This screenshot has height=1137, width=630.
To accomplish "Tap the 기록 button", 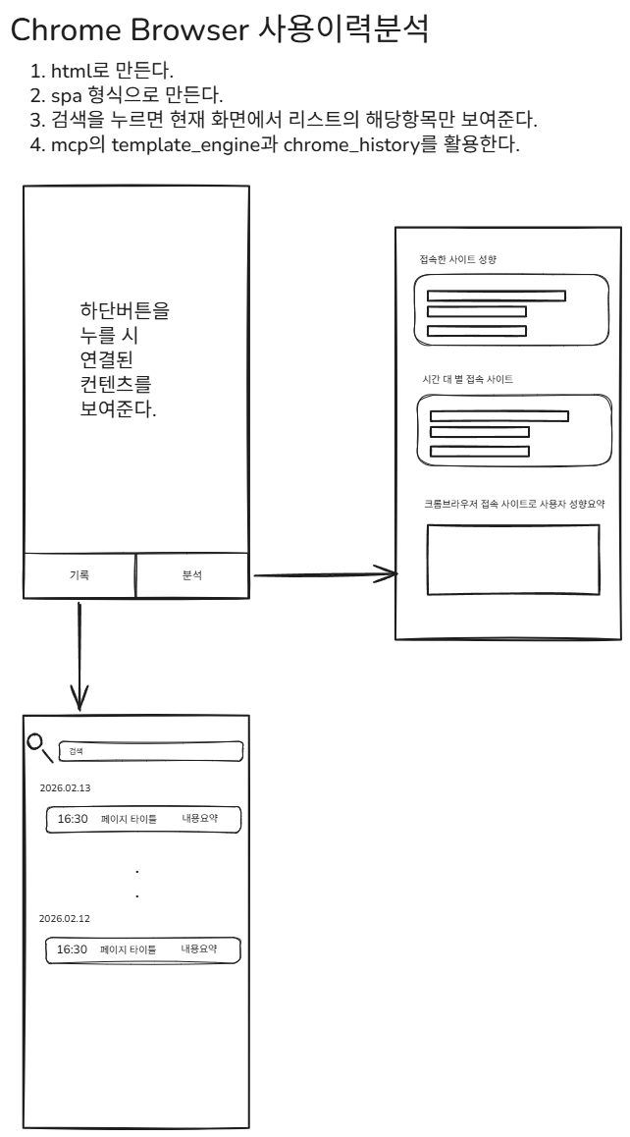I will click(x=79, y=575).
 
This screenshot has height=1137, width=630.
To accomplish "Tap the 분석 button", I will click(x=192, y=575).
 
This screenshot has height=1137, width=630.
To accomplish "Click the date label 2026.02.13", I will click(x=66, y=787).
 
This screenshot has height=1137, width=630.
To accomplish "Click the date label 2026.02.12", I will click(x=65, y=918).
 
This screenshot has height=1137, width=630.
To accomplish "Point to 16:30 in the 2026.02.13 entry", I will click(x=73, y=819).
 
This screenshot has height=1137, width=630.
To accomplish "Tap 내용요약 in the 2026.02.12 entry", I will click(x=199, y=949).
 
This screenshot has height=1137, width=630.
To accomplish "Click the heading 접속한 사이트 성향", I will click(x=457, y=259).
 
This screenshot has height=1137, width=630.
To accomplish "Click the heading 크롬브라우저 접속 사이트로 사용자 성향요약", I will click(x=513, y=504).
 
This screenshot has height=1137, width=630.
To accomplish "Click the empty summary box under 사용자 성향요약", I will click(x=513, y=560).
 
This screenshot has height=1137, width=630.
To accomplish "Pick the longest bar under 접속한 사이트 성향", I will click(x=497, y=296).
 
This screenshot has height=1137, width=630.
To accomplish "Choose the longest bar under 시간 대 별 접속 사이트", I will click(x=499, y=415).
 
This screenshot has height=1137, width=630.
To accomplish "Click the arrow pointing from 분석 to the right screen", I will click(x=324, y=575).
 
